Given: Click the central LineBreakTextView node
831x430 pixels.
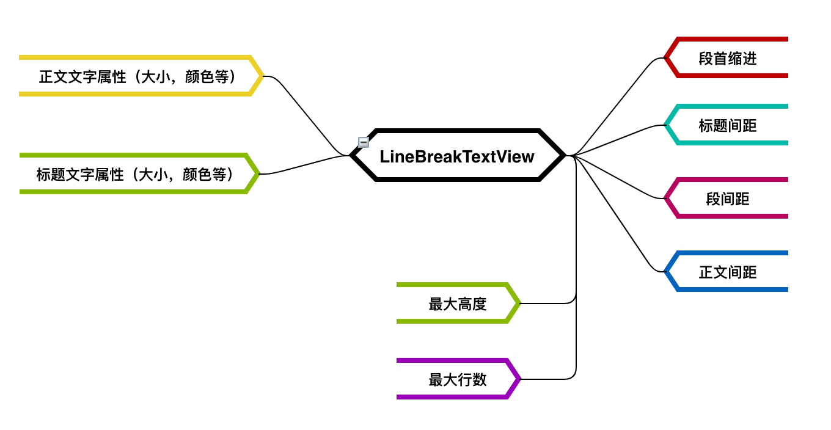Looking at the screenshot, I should [457, 156].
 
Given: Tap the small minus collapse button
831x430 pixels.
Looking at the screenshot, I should [363, 142].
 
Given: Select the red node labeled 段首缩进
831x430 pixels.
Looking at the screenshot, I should [727, 58].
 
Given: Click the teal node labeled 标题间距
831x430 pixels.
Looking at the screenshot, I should [727, 125].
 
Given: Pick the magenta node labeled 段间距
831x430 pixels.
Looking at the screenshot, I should [727, 199].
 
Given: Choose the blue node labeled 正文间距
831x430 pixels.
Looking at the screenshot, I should [727, 272].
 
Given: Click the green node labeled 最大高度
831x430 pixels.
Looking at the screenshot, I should [457, 304].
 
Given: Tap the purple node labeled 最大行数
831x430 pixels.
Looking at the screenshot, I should [457, 379].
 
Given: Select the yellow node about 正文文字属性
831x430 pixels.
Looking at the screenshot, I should [137, 76].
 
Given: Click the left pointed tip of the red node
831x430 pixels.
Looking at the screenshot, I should [665, 58].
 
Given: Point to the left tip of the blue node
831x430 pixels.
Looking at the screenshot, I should [665, 272].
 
